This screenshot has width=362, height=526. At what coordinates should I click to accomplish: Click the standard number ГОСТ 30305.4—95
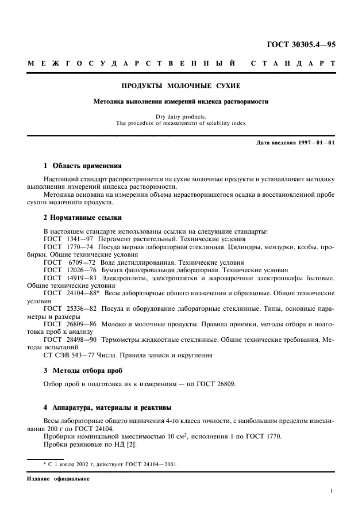click(x=302, y=44)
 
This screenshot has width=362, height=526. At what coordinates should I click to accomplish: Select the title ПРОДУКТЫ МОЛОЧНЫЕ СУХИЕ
click(x=180, y=86)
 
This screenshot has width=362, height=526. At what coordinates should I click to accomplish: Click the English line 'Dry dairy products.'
click(x=180, y=116)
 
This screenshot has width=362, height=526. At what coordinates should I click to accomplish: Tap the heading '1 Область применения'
click(x=83, y=165)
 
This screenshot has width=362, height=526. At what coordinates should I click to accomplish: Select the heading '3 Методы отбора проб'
click(x=83, y=370)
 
